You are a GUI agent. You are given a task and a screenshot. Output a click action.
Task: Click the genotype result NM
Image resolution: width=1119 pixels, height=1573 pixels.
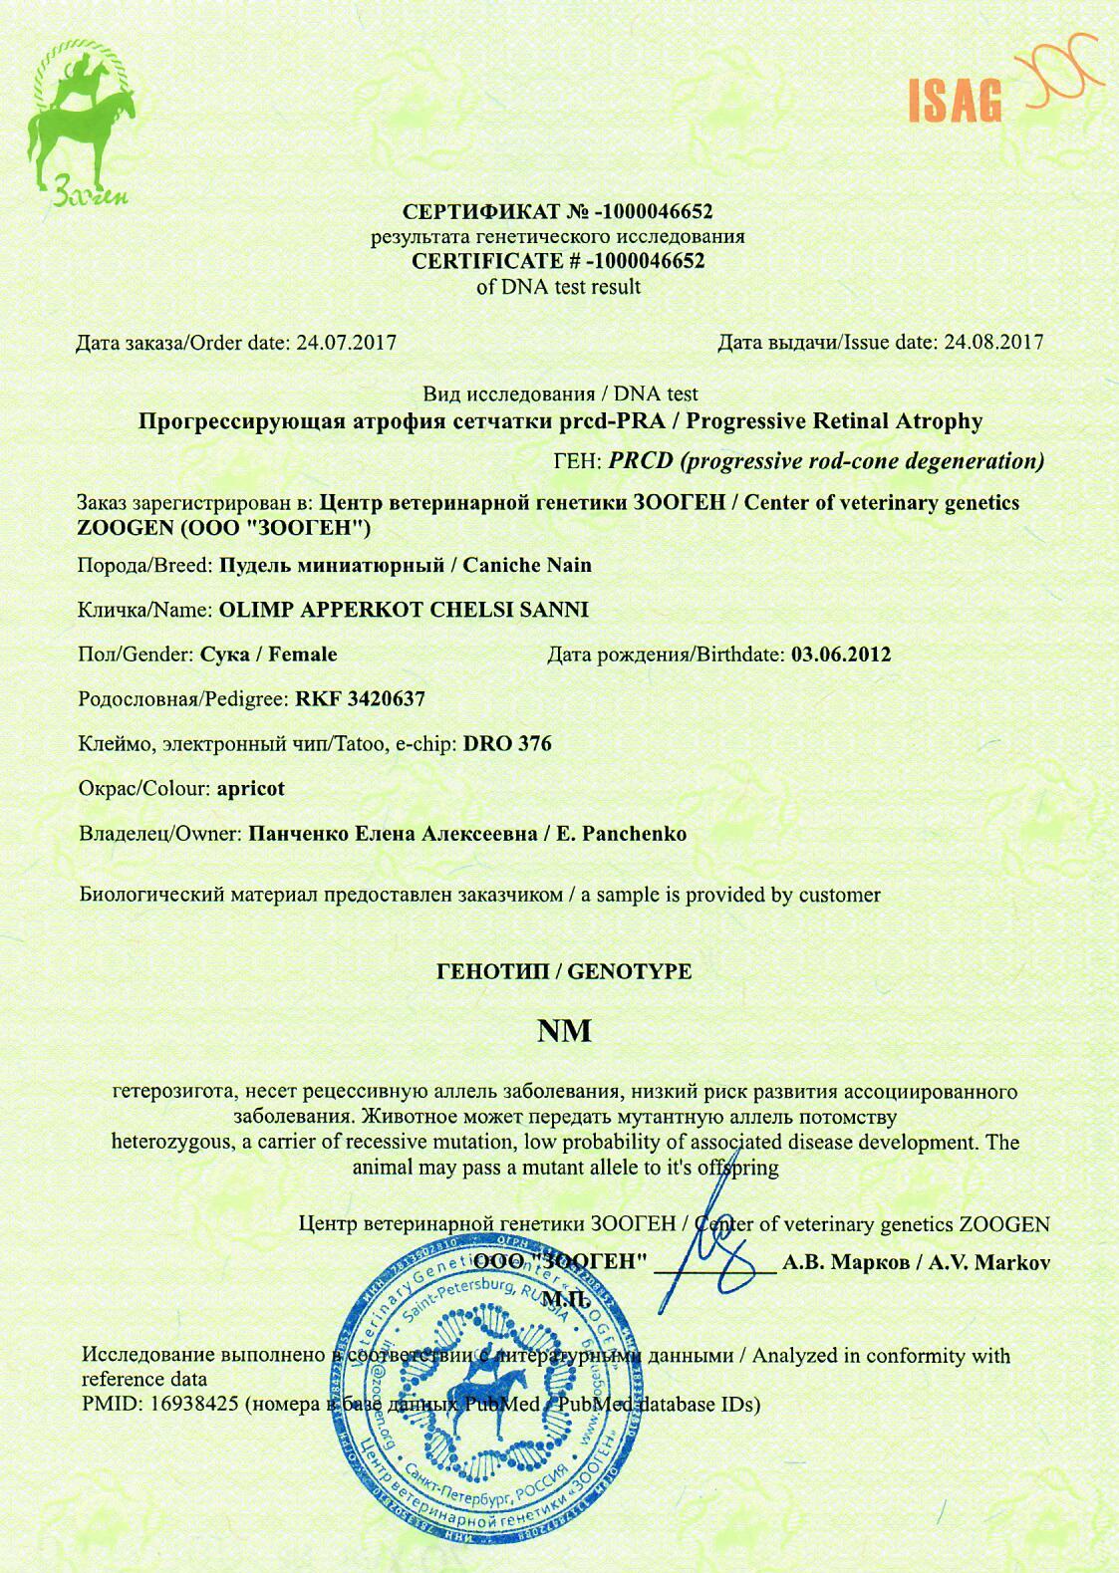pos(564,1030)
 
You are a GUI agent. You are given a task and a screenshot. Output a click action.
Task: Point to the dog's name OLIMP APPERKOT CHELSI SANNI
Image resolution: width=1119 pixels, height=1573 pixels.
pos(403,610)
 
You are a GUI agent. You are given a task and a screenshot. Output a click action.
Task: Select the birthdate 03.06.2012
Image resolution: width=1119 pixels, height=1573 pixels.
pos(840,655)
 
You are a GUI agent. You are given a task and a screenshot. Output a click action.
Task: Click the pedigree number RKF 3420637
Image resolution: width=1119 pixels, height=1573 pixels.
pos(360,699)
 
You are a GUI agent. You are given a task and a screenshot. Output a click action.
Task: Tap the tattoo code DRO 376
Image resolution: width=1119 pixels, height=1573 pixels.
pos(507,744)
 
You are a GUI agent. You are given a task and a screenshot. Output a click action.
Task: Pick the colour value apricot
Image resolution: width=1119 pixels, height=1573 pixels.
pos(250,789)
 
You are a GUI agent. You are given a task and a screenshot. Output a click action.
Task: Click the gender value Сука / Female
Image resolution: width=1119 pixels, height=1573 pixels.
pos(268,655)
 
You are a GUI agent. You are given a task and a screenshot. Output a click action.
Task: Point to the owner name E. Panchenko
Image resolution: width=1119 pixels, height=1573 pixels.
pos(622,834)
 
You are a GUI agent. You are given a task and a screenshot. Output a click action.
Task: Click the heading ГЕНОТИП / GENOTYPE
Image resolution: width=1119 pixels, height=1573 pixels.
pos(564,971)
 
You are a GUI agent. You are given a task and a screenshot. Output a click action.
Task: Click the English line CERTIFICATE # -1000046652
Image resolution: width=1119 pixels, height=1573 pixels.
pos(558,262)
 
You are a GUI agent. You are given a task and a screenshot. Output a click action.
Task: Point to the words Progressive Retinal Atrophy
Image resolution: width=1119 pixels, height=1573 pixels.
pos(834,421)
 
